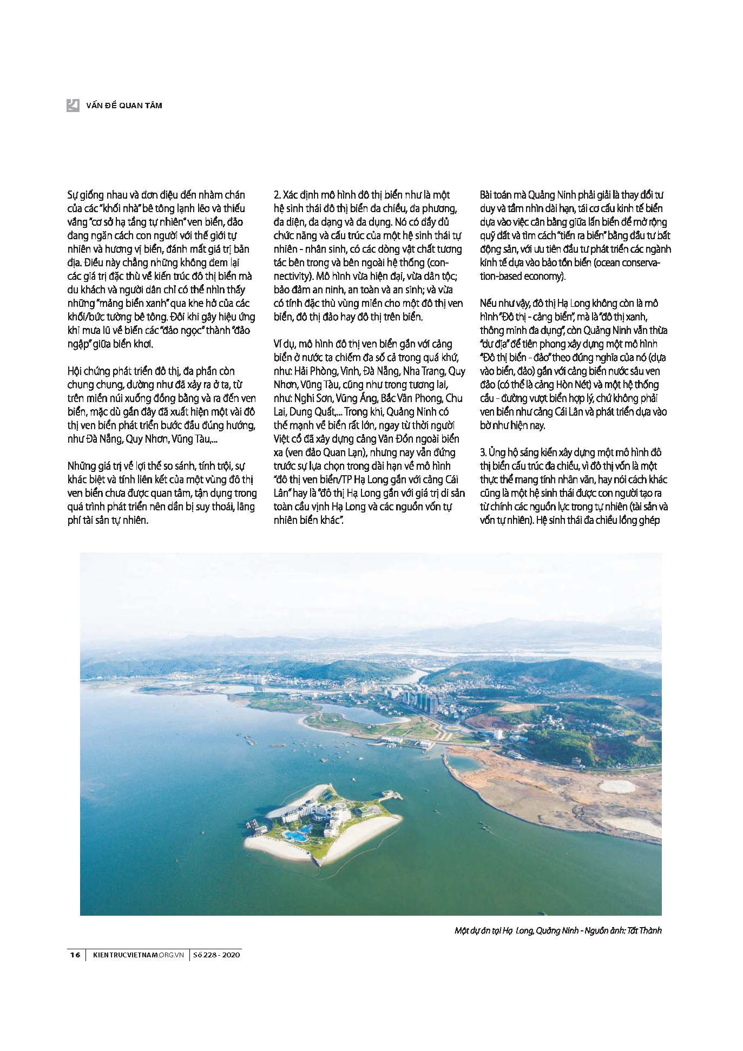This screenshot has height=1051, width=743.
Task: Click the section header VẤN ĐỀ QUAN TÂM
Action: click(x=124, y=106)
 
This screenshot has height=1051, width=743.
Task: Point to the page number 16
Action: click(x=75, y=955)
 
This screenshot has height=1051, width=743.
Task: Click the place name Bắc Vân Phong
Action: click(x=411, y=398)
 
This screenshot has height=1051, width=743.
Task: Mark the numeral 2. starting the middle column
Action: click(x=277, y=195)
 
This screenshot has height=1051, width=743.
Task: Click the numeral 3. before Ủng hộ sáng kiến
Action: click(x=483, y=452)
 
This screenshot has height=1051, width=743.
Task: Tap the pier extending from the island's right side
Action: click(x=392, y=796)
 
